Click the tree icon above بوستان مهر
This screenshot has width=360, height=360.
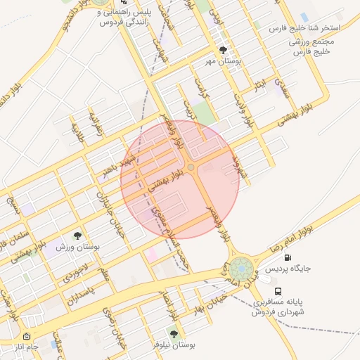point(223,51)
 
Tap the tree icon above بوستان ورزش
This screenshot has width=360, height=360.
point(77,236)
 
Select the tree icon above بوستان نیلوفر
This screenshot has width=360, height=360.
point(174,334)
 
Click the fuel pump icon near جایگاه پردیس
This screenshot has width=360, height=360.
point(287,258)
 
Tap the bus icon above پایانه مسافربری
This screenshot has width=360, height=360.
point(279,290)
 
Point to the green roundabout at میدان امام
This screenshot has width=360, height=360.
point(241,268)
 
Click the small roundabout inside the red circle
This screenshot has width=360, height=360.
point(191,167)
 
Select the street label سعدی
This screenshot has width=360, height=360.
point(283,89)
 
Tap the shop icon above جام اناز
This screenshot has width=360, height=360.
point(27,337)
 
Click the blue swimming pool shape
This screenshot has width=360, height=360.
point(304,16)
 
